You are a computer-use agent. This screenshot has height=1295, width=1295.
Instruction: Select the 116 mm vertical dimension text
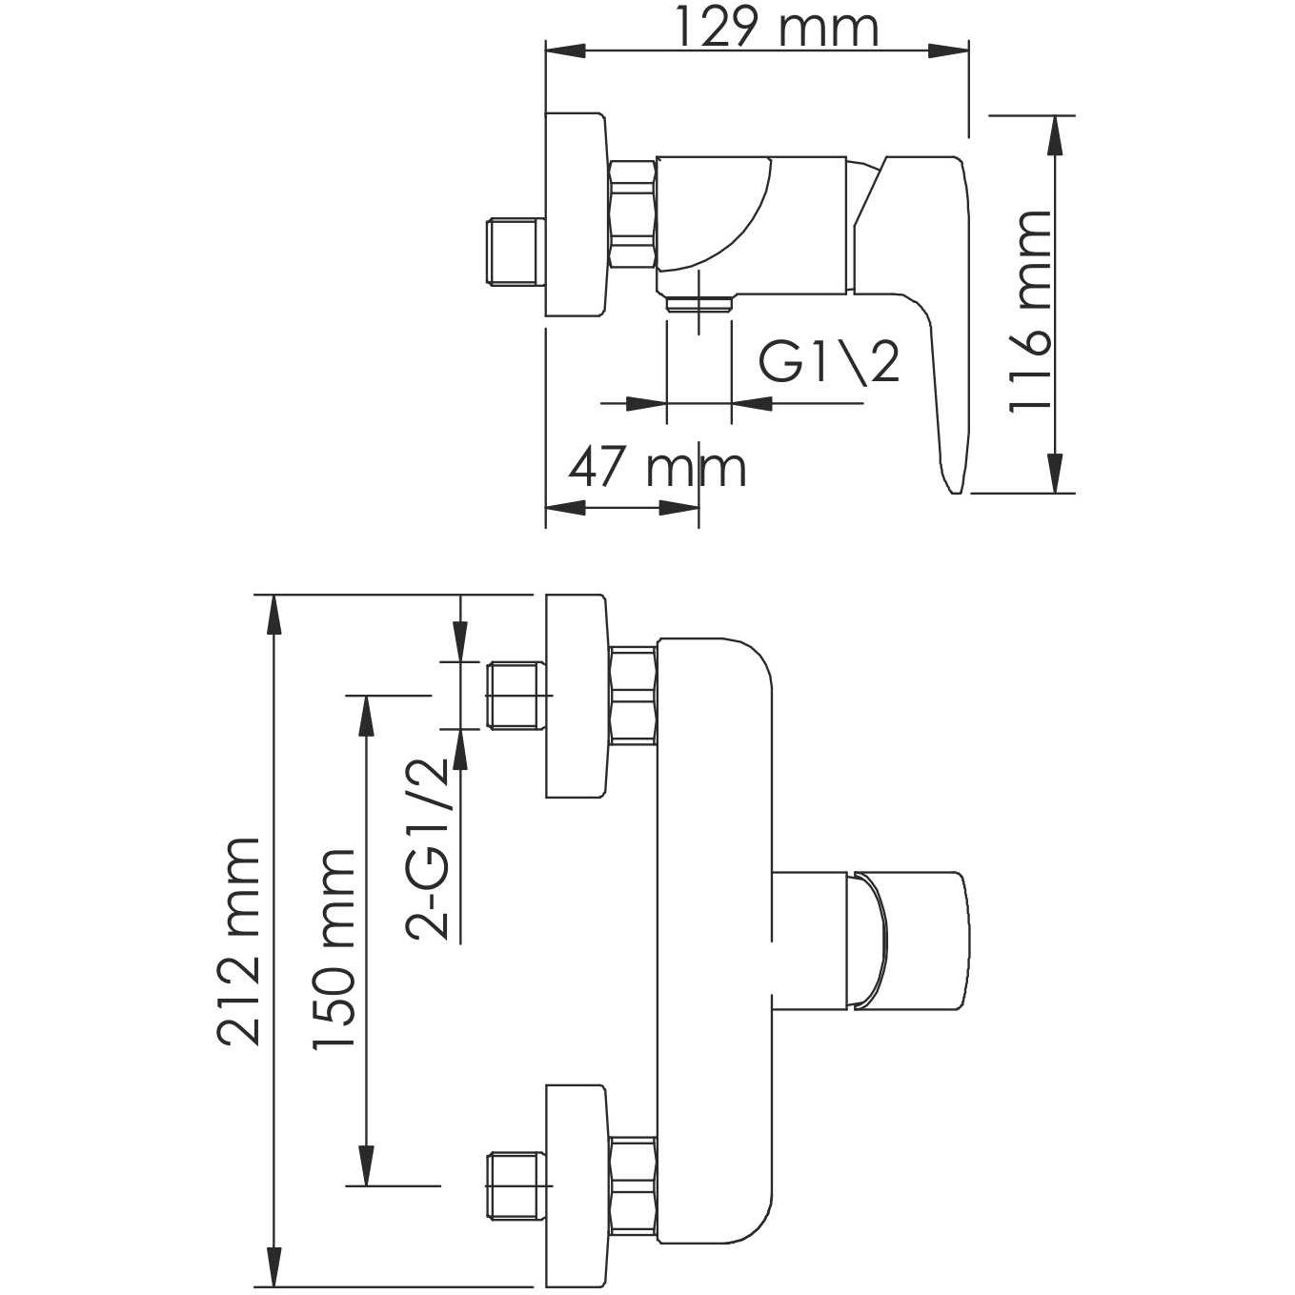coord(1030,311)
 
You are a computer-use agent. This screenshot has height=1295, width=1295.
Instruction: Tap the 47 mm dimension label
coord(658,468)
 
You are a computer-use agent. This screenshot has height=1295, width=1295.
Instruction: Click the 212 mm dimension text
coord(238,941)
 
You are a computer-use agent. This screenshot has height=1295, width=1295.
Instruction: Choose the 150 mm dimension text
coord(335,948)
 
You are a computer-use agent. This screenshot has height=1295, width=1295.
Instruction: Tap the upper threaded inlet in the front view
coord(516,695)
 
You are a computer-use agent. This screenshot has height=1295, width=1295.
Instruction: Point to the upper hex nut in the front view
coord(632,694)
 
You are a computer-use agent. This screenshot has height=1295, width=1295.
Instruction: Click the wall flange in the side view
coord(576,215)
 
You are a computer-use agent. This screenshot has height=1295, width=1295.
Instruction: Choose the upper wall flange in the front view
coord(576,696)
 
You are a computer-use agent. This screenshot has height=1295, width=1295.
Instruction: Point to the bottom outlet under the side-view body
coord(699,304)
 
